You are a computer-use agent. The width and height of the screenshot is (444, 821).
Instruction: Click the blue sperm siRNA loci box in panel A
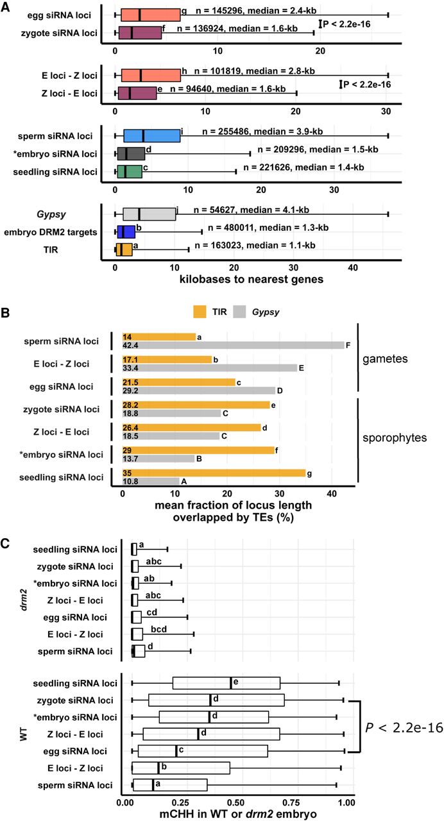151,135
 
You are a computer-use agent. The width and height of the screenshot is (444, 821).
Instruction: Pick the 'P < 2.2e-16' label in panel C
403,727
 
